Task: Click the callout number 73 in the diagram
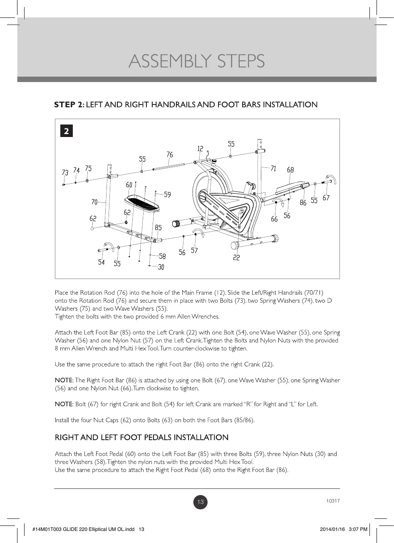65,172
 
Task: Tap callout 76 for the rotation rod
170,154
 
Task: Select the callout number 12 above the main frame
200,149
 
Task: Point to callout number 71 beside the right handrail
273,168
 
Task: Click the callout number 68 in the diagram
290,170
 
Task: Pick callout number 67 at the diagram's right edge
326,198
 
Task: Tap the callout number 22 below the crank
236,258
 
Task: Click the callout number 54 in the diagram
102,262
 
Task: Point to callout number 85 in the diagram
159,227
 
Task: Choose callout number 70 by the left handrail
94,202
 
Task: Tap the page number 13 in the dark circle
201,502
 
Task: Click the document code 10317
333,501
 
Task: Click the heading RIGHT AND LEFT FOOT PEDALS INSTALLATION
141,438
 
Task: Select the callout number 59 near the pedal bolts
167,194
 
